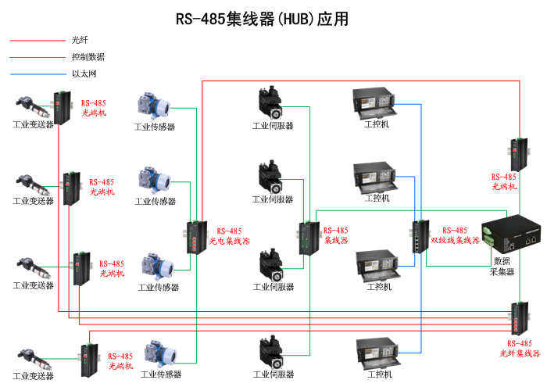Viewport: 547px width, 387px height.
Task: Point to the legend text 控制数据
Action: point(88,57)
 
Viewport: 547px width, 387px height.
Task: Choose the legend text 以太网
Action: point(84,74)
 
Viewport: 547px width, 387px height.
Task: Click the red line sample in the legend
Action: point(38,39)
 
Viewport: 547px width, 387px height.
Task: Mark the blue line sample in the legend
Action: point(38,74)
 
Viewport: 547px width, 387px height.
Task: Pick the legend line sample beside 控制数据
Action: point(38,57)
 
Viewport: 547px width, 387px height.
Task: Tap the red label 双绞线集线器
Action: point(455,241)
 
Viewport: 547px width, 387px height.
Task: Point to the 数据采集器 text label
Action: point(502,266)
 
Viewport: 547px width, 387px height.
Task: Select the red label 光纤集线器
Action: point(520,353)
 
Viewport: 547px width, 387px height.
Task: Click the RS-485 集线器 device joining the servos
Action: point(306,238)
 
